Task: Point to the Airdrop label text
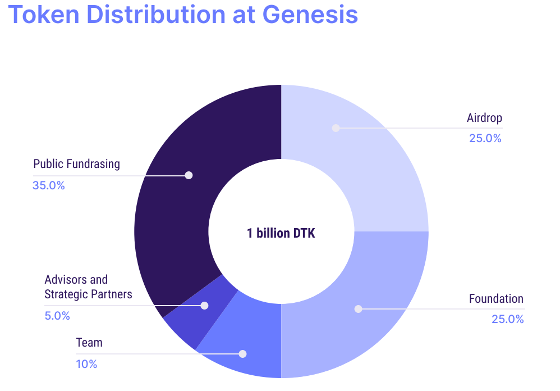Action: (484, 117)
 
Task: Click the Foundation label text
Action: (496, 298)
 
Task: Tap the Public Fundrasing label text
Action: (76, 164)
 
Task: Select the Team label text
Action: (89, 342)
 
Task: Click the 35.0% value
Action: (49, 185)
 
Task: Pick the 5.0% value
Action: (57, 316)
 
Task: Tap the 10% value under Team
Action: (86, 364)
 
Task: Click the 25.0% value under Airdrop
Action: (485, 138)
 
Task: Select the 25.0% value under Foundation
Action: (507, 319)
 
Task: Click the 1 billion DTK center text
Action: (281, 233)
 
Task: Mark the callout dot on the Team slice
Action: (242, 354)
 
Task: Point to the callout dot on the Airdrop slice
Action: (336, 128)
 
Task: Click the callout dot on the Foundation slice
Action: (358, 309)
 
